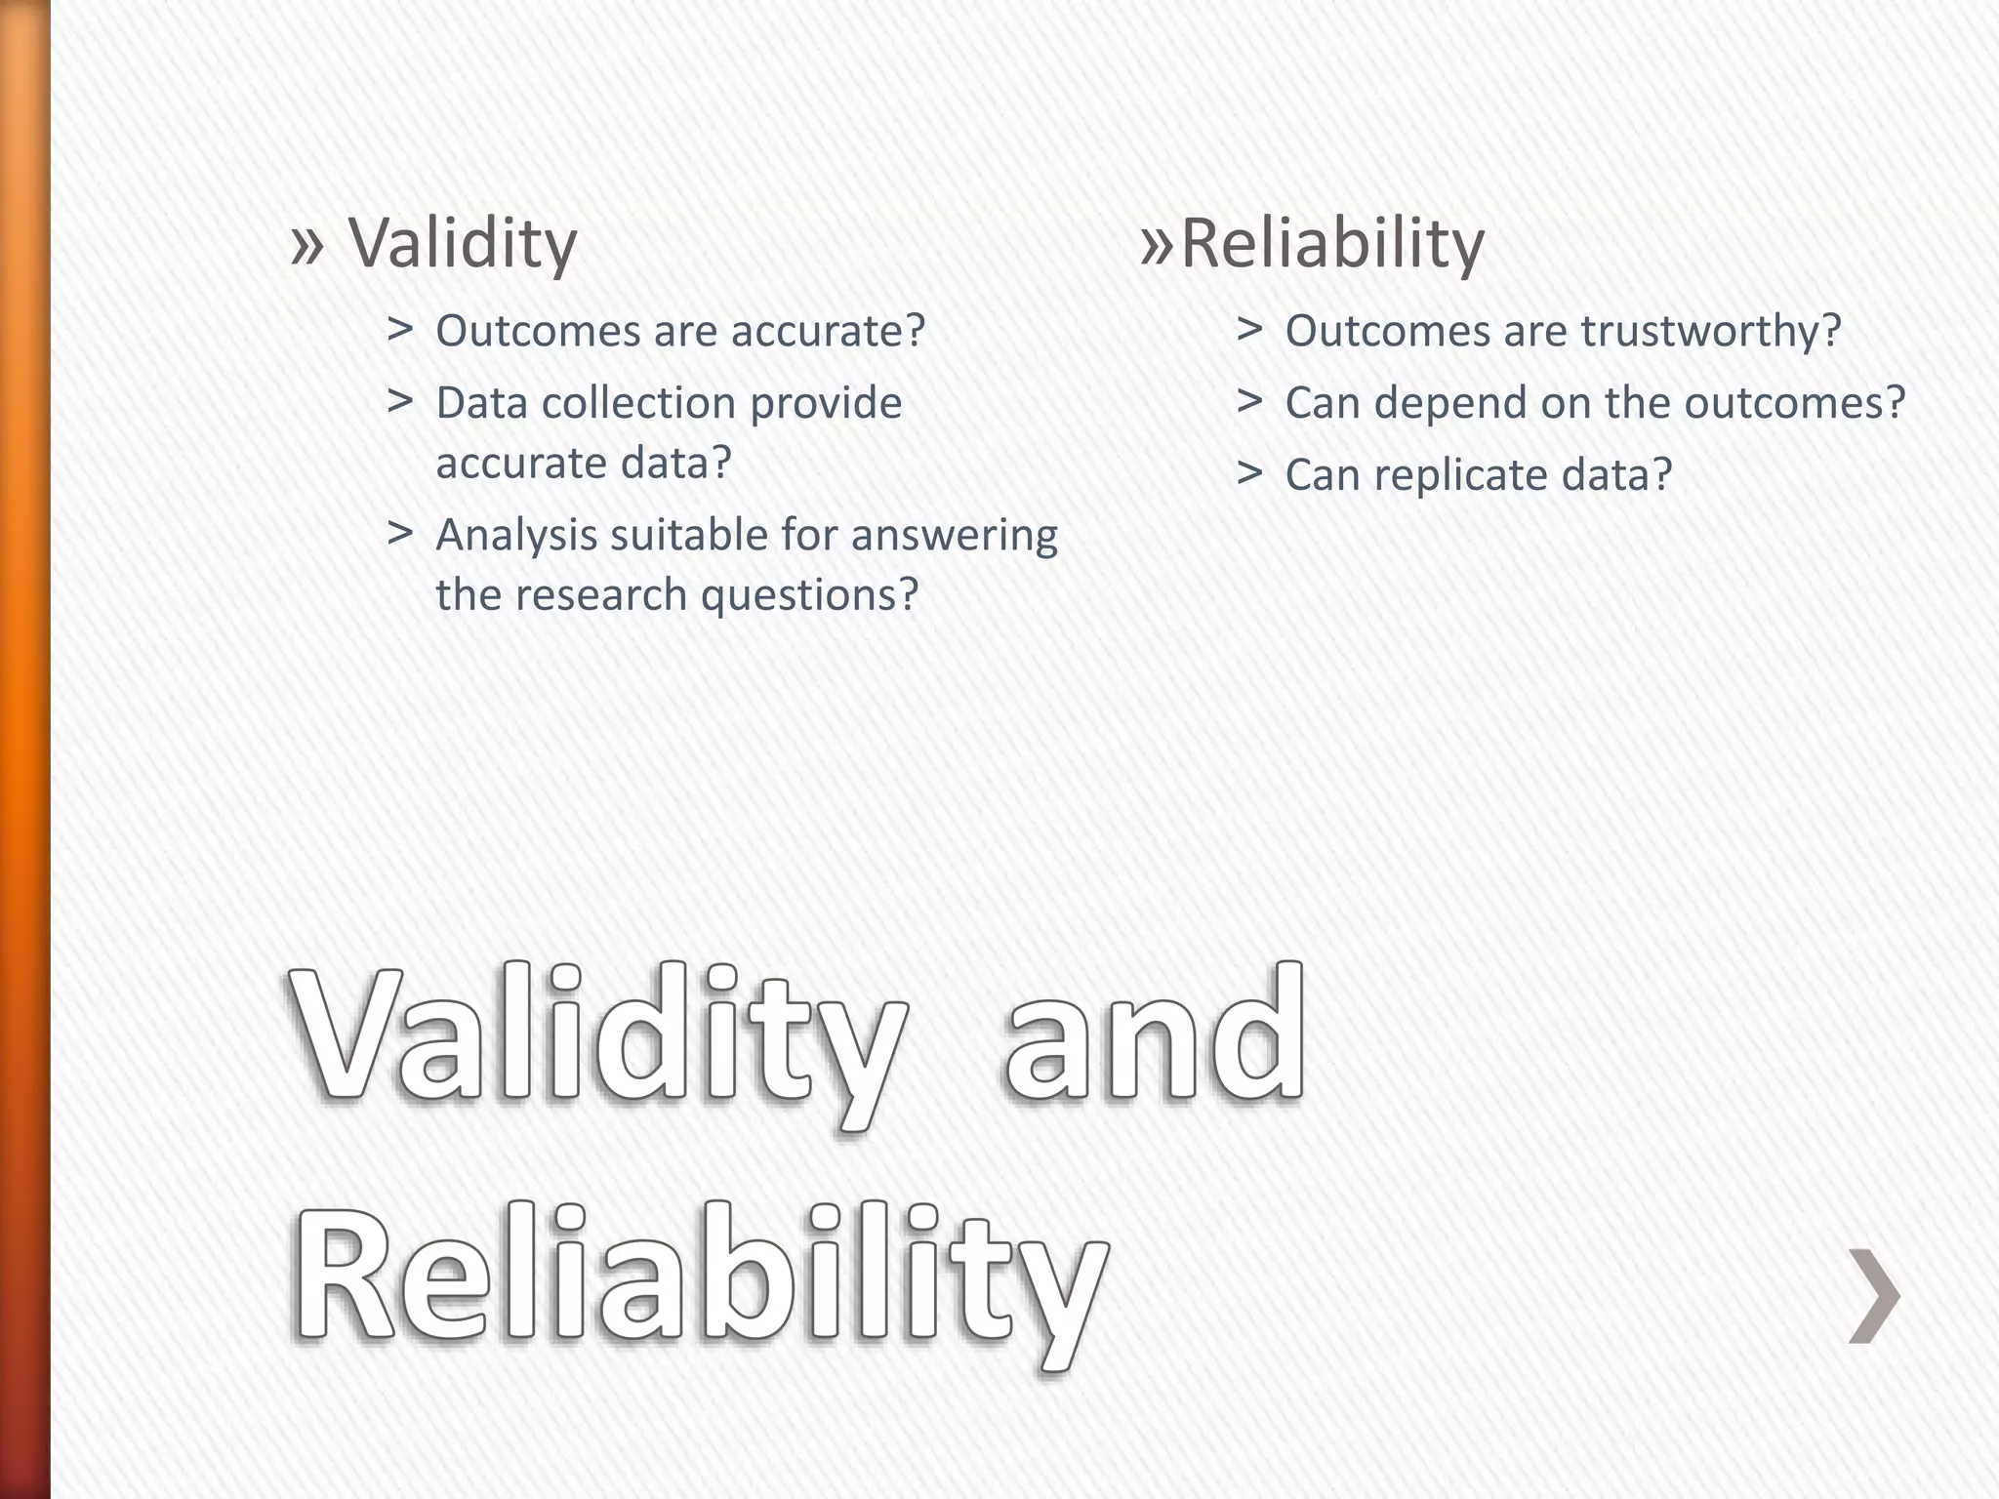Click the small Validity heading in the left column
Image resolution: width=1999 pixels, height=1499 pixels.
tap(463, 243)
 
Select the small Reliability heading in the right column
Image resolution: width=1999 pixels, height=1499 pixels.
tap(1332, 243)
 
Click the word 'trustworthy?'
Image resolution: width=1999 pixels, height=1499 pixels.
tap(1710, 331)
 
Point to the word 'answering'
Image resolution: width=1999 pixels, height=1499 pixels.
tap(954, 536)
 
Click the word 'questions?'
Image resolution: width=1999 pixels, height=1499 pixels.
tap(810, 594)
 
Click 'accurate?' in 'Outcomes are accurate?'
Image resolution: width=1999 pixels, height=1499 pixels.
tap(828, 331)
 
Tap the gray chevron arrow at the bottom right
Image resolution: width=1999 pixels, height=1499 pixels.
tap(1874, 1295)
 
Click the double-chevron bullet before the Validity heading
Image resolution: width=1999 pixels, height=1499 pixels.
tap(306, 243)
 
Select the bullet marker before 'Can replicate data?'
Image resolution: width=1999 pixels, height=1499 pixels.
tap(1248, 473)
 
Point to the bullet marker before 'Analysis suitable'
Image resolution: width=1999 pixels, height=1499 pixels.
tap(399, 533)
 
